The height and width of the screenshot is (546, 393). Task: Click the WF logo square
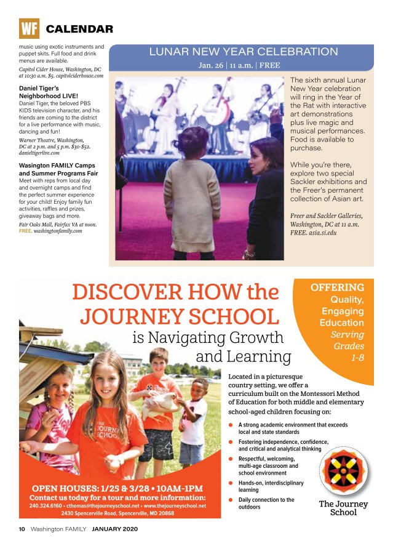29,28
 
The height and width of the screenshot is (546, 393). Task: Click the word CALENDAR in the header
79,29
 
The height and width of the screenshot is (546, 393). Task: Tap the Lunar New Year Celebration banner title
244,52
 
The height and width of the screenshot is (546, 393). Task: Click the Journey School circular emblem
343,472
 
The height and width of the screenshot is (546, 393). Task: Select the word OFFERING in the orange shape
337,287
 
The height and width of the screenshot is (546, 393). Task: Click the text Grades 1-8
349,351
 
